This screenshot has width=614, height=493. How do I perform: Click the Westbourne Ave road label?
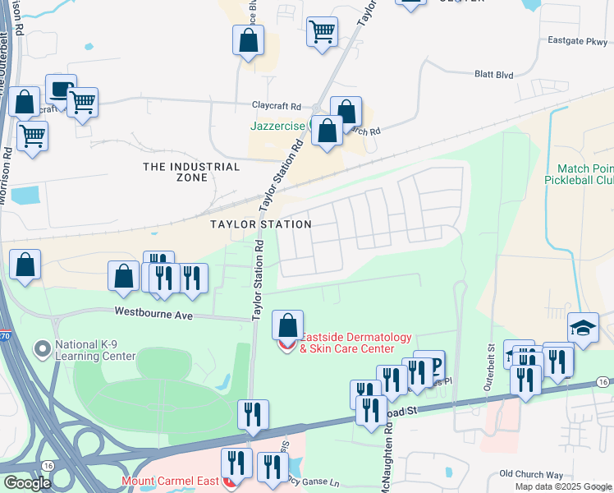click(x=153, y=312)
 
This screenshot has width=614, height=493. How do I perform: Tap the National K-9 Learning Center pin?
click(x=41, y=350)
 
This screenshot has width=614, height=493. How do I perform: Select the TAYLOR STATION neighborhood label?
click(x=260, y=224)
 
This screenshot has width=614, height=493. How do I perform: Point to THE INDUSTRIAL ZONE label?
click(x=191, y=173)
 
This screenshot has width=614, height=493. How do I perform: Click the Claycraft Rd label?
click(x=276, y=107)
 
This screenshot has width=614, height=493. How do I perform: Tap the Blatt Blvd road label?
click(x=493, y=75)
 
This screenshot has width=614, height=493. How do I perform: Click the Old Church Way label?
click(x=531, y=474)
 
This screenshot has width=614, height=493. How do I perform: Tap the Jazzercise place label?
click(x=279, y=127)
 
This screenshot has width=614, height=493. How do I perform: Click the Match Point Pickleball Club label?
click(x=580, y=173)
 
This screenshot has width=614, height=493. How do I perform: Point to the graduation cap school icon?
click(x=583, y=328)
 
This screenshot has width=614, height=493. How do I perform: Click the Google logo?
click(x=28, y=483)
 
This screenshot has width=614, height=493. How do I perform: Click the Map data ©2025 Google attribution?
click(x=563, y=486)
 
